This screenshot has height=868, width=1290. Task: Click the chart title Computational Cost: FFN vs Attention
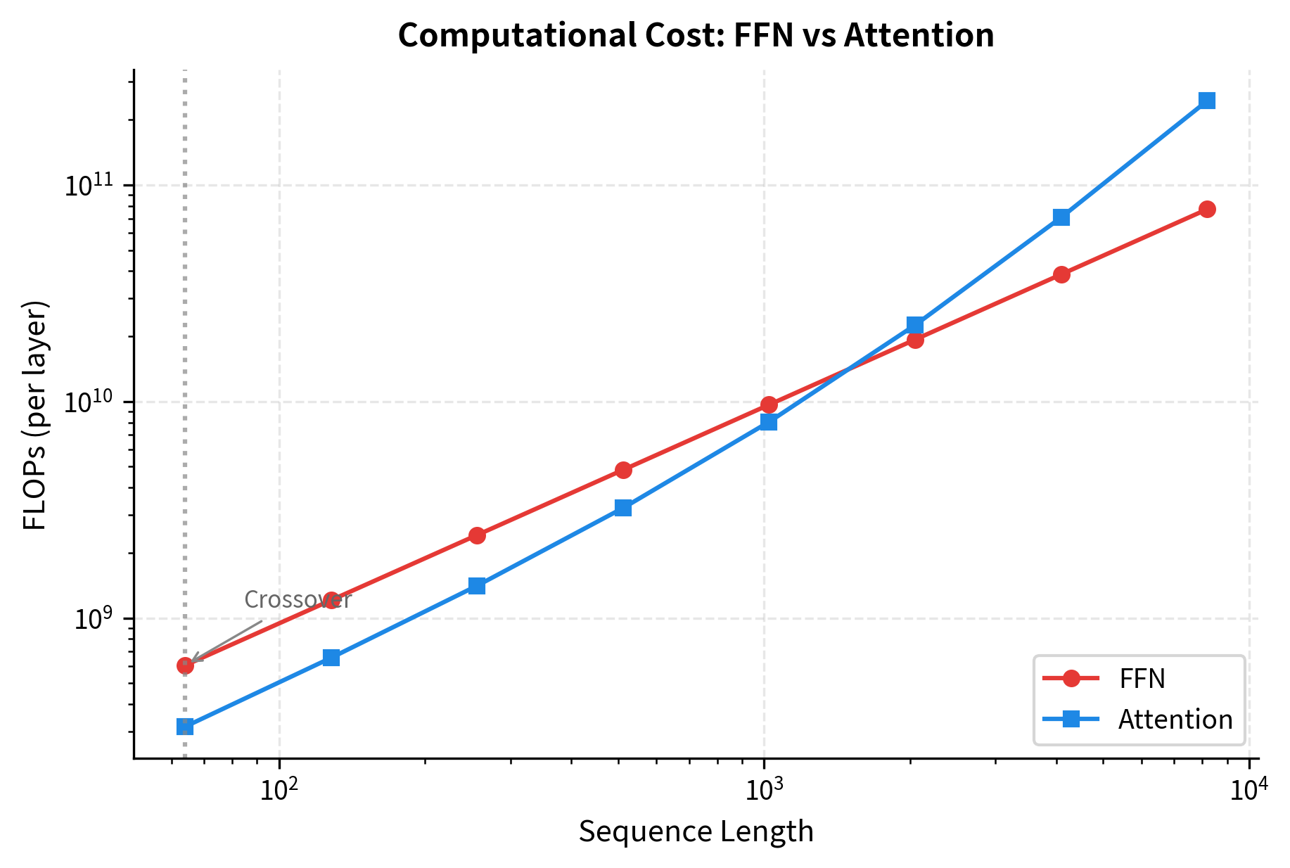tap(696, 36)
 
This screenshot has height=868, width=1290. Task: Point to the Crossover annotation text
tap(297, 600)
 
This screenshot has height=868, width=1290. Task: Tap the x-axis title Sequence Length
tap(696, 832)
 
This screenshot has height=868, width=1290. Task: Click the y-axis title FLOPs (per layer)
tap(34, 415)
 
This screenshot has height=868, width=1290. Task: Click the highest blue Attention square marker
tap(1207, 101)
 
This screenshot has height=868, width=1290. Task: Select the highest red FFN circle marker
tap(1207, 209)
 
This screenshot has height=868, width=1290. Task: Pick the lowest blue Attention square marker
tap(185, 727)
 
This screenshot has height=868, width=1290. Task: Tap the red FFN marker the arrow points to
tap(185, 665)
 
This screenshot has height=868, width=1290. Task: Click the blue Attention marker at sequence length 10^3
tap(769, 422)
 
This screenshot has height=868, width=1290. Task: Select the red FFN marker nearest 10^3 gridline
tap(769, 404)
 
